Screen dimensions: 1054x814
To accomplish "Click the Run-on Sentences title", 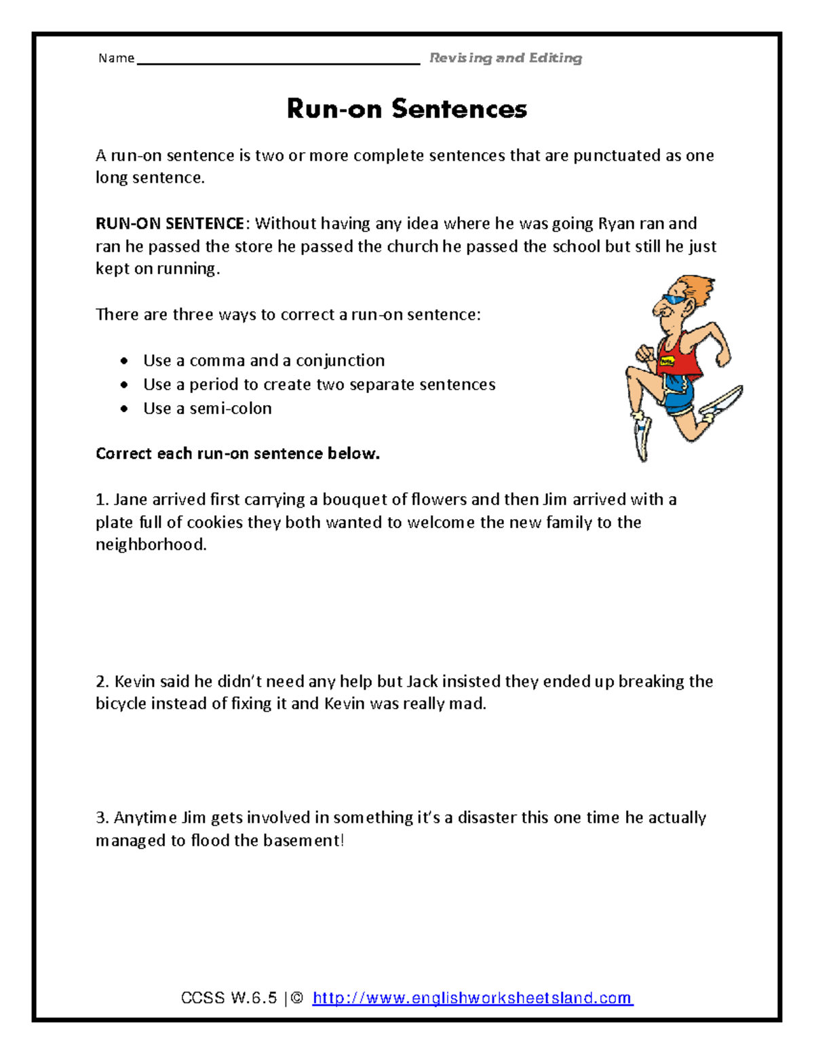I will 407,109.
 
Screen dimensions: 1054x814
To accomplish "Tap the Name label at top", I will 116,58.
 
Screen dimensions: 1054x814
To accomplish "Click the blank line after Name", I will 278,62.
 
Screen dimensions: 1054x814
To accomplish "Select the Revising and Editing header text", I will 505,58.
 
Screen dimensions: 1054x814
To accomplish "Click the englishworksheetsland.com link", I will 473,998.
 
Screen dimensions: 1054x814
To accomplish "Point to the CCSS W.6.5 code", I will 229,998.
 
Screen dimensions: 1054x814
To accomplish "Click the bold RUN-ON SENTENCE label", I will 170,223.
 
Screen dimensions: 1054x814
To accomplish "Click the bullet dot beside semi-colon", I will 124,409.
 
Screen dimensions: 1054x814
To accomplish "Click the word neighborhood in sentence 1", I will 151,544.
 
